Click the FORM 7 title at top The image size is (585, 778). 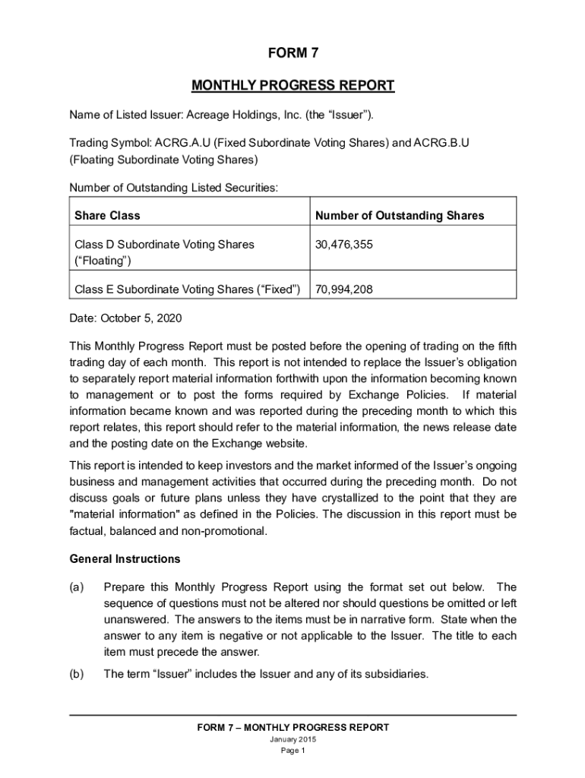click(292, 53)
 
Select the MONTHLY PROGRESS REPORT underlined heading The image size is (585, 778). click(292, 85)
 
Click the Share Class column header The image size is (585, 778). click(107, 216)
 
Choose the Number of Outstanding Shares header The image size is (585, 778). click(400, 216)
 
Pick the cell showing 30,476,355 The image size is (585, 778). click(344, 245)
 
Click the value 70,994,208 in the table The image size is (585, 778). click(344, 289)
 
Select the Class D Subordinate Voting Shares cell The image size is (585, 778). click(164, 252)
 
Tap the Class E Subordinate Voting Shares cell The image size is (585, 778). click(188, 289)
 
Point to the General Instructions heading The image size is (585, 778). click(125, 559)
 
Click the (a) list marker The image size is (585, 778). click(76, 587)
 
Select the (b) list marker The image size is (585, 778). click(76, 674)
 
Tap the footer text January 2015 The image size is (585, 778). click(292, 740)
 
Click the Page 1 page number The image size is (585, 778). click(292, 751)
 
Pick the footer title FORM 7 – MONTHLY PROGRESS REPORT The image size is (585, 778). click(292, 728)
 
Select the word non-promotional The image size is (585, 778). click(227, 531)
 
